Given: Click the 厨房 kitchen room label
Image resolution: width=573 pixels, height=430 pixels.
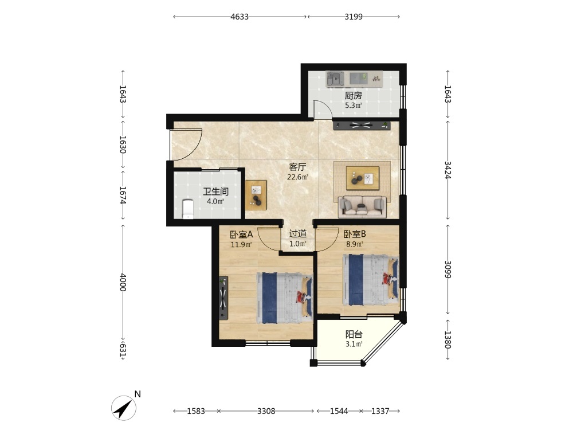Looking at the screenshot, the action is (x=353, y=96).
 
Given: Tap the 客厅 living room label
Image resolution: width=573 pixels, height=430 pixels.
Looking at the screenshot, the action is (x=297, y=167).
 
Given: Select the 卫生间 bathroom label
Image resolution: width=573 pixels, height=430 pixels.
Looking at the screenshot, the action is (x=215, y=191).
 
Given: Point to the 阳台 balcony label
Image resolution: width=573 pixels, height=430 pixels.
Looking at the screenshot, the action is (x=354, y=334).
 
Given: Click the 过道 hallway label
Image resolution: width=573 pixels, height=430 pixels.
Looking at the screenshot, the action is (x=298, y=234).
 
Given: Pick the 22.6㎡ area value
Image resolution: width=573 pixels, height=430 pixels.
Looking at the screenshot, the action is (x=297, y=177).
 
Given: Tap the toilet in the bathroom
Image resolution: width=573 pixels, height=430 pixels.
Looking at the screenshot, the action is (x=187, y=209).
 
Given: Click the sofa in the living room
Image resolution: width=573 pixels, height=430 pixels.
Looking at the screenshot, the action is (x=362, y=207).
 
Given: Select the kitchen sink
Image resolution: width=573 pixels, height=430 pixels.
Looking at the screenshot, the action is (x=335, y=79).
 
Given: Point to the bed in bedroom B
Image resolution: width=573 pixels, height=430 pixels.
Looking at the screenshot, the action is (x=370, y=280).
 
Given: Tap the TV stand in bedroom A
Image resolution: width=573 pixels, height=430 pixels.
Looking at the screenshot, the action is (x=223, y=298).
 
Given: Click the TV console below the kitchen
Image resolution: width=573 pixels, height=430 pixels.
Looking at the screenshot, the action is (x=362, y=126).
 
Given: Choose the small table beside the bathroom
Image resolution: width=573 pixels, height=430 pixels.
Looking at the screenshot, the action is (x=256, y=195).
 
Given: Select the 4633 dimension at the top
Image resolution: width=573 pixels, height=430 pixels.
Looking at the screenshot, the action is (x=240, y=17).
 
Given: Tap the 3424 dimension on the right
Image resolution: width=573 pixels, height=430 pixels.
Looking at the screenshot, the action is (x=448, y=170).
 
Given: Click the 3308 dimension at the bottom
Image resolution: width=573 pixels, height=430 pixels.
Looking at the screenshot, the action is (x=266, y=411).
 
